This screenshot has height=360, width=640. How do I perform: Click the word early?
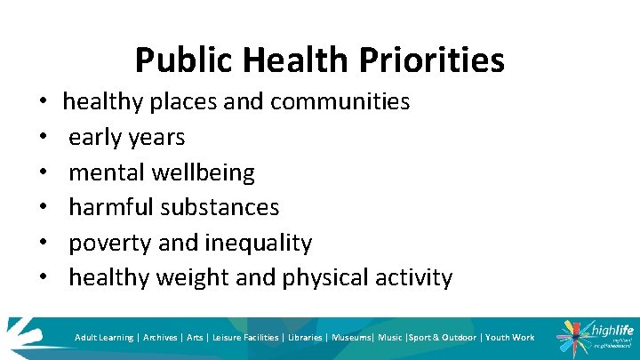[94, 137]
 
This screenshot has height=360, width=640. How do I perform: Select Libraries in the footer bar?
[304, 338]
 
